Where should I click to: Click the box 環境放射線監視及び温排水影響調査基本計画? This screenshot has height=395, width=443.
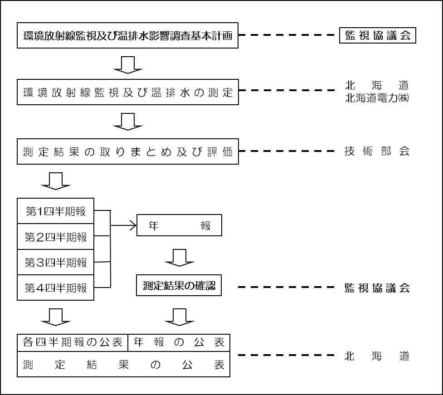(128, 36)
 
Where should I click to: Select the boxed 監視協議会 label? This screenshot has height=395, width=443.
(377, 36)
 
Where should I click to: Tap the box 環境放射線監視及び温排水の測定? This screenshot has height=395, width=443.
(128, 93)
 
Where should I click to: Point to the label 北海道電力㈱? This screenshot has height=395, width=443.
(377, 98)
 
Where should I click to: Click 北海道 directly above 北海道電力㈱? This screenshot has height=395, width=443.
(377, 85)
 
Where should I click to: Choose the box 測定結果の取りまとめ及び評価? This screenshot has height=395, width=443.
(128, 151)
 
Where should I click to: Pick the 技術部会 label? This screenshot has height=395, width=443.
(377, 151)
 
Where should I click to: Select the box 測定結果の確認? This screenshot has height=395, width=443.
(179, 287)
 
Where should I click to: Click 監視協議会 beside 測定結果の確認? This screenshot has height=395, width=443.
(377, 287)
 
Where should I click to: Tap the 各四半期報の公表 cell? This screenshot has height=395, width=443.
(73, 342)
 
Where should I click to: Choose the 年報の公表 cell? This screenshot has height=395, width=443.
(179, 342)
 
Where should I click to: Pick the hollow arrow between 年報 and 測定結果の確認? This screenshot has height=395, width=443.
(179, 258)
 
